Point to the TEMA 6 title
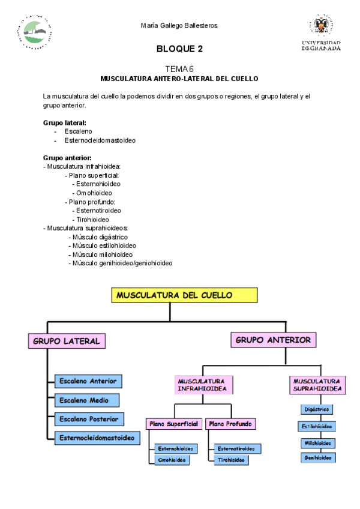[179, 70]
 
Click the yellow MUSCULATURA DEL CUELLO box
[184, 295]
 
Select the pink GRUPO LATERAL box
[67, 341]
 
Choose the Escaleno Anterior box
[88, 381]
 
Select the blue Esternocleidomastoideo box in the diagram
[97, 438]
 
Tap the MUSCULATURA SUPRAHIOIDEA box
[317, 385]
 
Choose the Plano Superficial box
[173, 424]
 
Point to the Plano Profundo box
[230, 424]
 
